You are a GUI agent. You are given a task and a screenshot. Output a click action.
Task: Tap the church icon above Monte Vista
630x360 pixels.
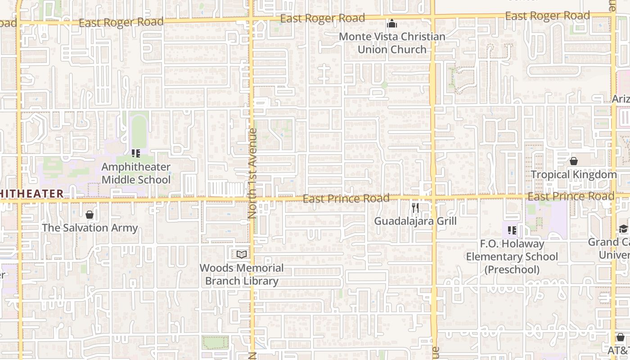click(392, 23)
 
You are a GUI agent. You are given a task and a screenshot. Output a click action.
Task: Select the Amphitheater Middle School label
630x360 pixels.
click(136, 173)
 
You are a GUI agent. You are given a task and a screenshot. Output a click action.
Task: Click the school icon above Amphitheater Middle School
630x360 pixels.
click(135, 153)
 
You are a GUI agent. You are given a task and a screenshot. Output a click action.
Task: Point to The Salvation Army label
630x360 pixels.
click(90, 228)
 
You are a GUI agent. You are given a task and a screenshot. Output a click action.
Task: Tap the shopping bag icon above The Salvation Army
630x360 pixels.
click(90, 215)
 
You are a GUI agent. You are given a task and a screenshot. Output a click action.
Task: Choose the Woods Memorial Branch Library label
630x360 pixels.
click(242, 274)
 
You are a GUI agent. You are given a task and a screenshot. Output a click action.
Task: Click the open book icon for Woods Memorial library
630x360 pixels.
click(242, 255)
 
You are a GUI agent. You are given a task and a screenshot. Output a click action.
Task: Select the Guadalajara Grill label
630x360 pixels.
click(415, 221)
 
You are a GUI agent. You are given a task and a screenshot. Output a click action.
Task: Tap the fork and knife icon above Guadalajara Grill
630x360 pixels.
click(415, 208)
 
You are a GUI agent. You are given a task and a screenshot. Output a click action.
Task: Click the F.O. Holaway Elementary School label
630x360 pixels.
click(512, 250)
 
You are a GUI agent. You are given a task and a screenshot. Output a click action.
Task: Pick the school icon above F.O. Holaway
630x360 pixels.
click(512, 230)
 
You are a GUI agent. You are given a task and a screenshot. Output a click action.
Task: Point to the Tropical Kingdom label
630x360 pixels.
click(574, 175)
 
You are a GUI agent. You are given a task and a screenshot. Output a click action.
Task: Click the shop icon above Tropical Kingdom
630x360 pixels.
click(574, 161)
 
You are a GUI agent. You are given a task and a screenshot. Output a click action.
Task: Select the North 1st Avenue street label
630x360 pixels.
click(252, 173)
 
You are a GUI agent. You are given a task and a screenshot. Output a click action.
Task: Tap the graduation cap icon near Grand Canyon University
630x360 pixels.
click(623, 229)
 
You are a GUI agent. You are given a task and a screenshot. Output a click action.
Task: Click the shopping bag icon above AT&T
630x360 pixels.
click(621, 337)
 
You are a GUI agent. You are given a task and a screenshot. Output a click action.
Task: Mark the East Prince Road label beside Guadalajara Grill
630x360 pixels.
click(346, 198)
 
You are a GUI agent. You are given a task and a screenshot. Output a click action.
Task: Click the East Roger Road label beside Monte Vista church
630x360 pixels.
click(322, 18)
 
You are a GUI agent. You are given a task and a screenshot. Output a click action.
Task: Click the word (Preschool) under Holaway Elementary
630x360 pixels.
click(512, 270)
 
